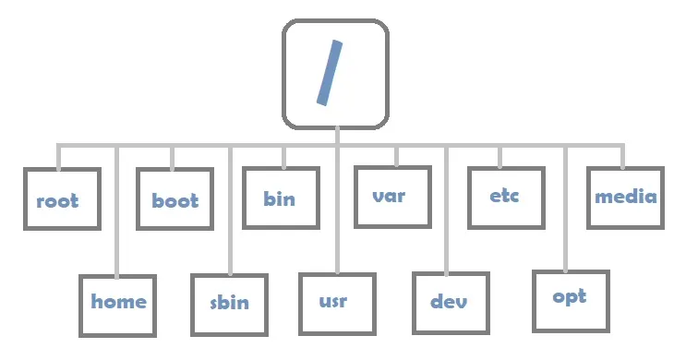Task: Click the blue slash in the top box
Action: click(x=330, y=71)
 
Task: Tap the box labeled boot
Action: click(x=174, y=198)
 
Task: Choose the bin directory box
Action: click(x=281, y=197)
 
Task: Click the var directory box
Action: click(x=392, y=196)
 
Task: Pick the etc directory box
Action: click(x=506, y=197)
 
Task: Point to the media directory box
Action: click(x=625, y=196)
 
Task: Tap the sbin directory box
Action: click(x=229, y=304)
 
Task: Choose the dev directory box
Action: click(x=449, y=303)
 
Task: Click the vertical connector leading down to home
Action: click(x=116, y=212)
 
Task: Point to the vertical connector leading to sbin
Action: click(x=228, y=212)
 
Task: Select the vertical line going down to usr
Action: click(x=337, y=212)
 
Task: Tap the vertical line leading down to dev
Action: click(x=447, y=212)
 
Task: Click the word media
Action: click(x=625, y=196)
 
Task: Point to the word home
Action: click(x=118, y=302)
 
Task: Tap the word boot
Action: click(x=174, y=200)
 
